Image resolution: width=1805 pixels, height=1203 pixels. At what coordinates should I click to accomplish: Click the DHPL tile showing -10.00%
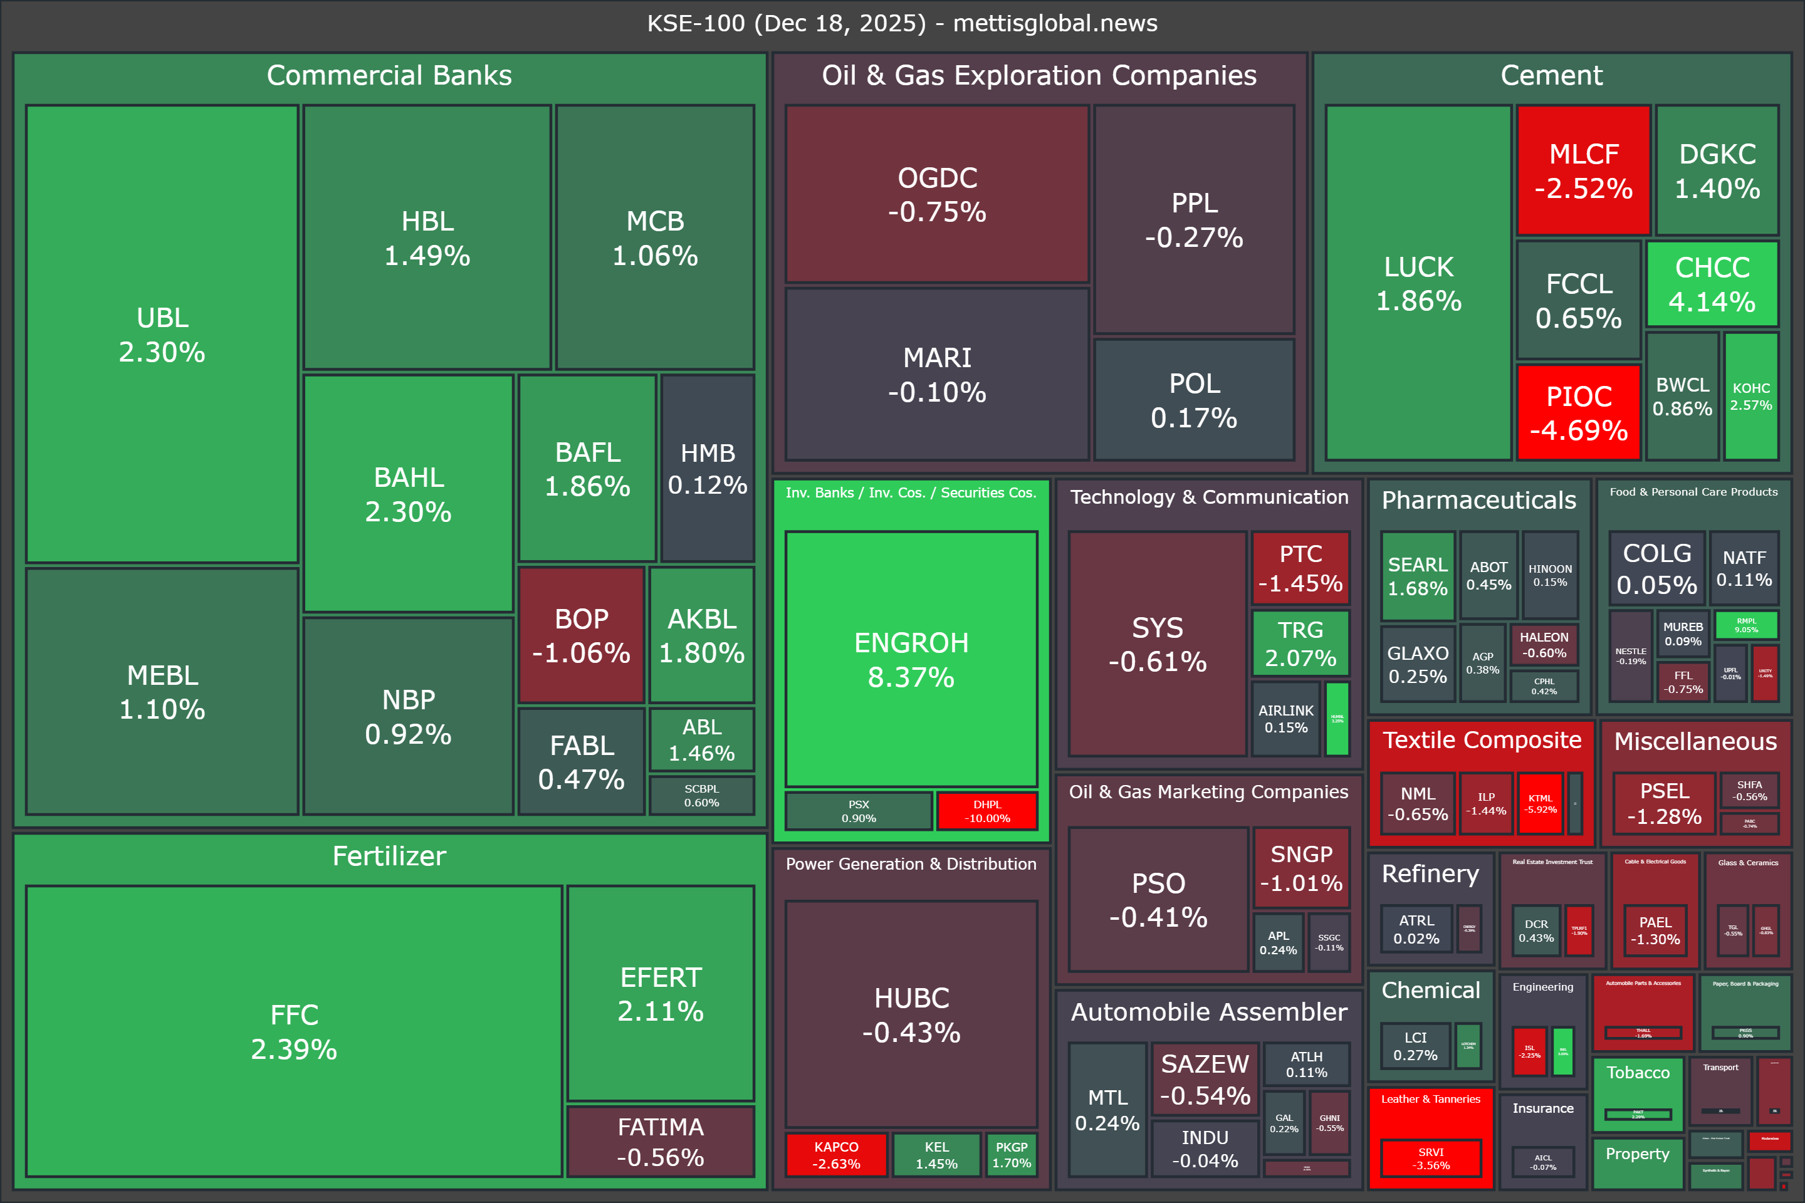pyautogui.click(x=987, y=811)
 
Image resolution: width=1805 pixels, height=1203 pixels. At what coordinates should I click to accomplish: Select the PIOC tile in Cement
pyautogui.click(x=1579, y=413)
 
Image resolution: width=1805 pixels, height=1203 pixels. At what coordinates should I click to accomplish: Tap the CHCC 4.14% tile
pyautogui.click(x=1712, y=284)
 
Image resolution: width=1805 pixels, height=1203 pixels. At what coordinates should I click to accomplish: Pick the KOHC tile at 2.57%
pyautogui.click(x=1750, y=396)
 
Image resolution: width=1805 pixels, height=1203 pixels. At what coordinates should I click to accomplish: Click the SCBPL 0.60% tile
pyautogui.click(x=701, y=796)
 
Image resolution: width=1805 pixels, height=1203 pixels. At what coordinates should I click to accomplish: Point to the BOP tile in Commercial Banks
pyautogui.click(x=581, y=635)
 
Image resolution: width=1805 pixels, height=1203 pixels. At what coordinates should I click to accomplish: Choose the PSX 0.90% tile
pyautogui.click(x=859, y=811)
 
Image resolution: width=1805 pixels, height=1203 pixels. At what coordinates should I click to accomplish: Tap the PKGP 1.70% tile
pyautogui.click(x=1012, y=1155)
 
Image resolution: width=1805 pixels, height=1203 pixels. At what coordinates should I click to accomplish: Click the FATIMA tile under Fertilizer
pyautogui.click(x=660, y=1142)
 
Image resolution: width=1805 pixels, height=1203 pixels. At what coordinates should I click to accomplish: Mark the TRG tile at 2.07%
pyautogui.click(x=1300, y=643)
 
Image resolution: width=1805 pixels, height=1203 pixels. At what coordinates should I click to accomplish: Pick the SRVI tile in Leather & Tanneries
pyautogui.click(x=1430, y=1159)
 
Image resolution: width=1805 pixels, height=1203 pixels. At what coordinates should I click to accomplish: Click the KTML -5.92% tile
pyautogui.click(x=1541, y=803)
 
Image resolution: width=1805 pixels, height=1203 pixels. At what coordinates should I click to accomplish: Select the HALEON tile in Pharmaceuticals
pyautogui.click(x=1544, y=645)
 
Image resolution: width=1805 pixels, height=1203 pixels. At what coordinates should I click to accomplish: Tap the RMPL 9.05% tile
pyautogui.click(x=1746, y=625)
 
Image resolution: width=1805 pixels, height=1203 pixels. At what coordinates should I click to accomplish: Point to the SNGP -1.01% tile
pyautogui.click(x=1301, y=868)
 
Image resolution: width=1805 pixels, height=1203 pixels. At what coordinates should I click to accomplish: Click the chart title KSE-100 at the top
pyautogui.click(x=902, y=23)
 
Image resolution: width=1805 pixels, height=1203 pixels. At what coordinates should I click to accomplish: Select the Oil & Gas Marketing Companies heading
pyautogui.click(x=1209, y=792)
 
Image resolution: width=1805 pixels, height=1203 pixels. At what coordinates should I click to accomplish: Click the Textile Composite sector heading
pyautogui.click(x=1482, y=739)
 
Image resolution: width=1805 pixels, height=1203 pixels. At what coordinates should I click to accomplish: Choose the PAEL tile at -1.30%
pyautogui.click(x=1655, y=930)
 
